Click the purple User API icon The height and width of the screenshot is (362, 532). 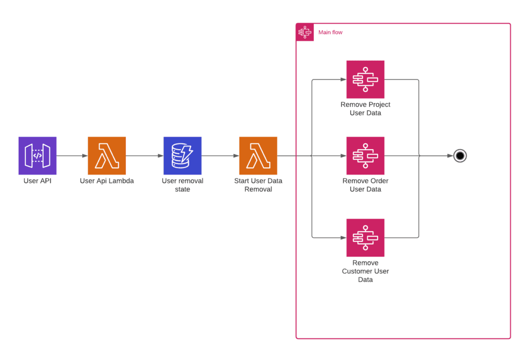coord(37,156)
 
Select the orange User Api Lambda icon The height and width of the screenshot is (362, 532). coord(107,156)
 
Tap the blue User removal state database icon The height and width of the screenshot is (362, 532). coord(182,156)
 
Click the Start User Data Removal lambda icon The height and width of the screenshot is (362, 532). coord(258,156)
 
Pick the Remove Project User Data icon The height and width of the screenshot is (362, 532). coord(366,79)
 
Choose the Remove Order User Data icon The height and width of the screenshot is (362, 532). coord(366,156)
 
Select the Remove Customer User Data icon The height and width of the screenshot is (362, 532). coord(366,238)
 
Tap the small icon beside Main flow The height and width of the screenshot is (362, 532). coord(305,33)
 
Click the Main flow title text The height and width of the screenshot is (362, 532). coord(327,33)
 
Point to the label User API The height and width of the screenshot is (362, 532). coord(37,181)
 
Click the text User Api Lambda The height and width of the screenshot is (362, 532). coord(107,181)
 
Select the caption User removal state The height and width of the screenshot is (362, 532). coord(182,185)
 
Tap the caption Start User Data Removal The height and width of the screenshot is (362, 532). coord(258,185)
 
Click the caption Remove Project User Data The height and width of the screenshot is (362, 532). coord(366,109)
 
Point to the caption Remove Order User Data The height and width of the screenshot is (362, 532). coord(366,185)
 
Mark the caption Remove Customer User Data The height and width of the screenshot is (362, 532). coord(366,271)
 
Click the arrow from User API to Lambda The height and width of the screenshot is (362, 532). coord(72,156)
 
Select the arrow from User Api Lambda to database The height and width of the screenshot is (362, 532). coord(144,156)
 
